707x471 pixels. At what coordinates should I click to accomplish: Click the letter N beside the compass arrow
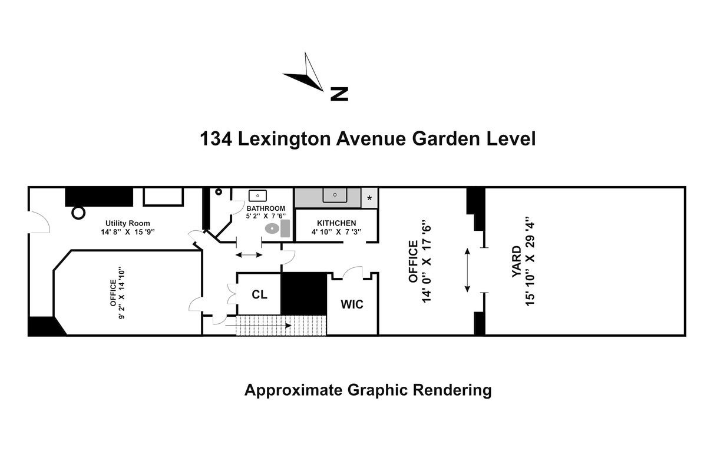coord(339,94)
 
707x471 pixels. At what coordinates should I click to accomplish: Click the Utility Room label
coord(128,223)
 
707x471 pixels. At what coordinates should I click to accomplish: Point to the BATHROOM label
coord(266,208)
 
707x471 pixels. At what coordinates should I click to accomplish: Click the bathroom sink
coord(257,195)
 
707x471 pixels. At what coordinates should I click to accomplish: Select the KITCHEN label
coord(336,223)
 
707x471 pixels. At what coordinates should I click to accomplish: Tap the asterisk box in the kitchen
coord(369,198)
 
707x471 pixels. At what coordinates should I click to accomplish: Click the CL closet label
coord(260,294)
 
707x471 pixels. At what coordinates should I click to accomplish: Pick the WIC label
coord(352,304)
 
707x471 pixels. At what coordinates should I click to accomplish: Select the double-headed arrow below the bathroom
coord(249,254)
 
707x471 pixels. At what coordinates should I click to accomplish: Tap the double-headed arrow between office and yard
coord(468,270)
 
